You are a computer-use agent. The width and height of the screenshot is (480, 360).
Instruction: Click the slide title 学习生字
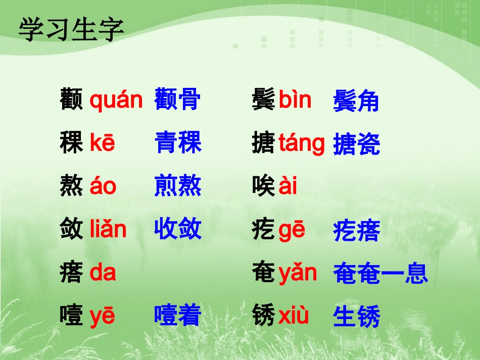[71, 30]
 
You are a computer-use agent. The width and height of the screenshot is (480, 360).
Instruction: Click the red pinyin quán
[116, 100]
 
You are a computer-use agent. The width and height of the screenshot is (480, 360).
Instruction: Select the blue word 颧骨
[178, 99]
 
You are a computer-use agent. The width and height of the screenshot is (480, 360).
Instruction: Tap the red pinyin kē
[103, 143]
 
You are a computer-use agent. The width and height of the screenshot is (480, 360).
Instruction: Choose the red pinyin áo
[103, 186]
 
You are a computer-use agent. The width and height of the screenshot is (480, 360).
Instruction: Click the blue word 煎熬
[178, 186]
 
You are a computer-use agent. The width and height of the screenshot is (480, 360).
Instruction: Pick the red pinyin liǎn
[108, 229]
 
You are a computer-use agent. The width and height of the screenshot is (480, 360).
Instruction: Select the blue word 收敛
[178, 229]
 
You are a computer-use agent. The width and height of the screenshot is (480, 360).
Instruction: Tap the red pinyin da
[103, 273]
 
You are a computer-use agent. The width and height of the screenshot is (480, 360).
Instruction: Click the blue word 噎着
[178, 316]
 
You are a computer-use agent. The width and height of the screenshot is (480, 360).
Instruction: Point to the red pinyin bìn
[295, 100]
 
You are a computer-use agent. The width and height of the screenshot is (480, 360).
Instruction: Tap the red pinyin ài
[288, 186]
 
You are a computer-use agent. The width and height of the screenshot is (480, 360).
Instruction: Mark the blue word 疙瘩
[356, 232]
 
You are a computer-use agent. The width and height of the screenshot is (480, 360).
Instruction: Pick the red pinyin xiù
[294, 316]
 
